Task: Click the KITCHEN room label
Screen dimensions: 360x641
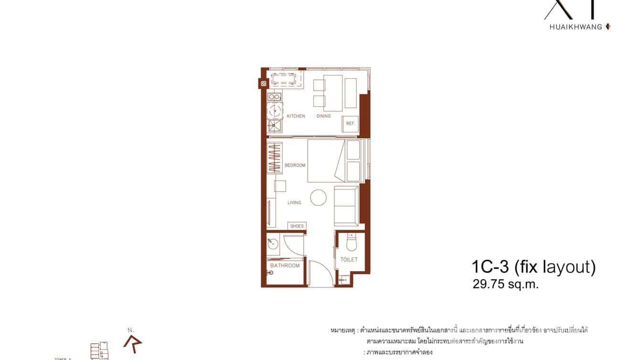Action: tap(296, 116)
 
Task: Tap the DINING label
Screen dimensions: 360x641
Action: tap(323, 116)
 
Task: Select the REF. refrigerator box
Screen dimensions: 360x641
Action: tap(350, 124)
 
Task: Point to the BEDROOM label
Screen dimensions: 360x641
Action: tap(295, 165)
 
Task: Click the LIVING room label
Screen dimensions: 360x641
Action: tap(294, 202)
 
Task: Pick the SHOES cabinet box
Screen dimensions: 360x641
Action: tap(297, 226)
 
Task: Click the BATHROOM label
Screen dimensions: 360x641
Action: tap(285, 265)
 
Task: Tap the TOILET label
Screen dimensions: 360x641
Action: tap(349, 260)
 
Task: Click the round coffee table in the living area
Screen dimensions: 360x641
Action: tap(319, 198)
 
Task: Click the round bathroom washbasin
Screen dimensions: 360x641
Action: tap(274, 245)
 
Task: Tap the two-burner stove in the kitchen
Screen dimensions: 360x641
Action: tap(274, 97)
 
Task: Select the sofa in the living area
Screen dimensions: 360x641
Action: tap(346, 206)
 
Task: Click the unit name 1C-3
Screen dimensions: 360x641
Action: tap(489, 266)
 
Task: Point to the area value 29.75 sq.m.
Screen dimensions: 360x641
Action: tap(505, 285)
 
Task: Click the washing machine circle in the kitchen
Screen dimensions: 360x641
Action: tap(275, 111)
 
